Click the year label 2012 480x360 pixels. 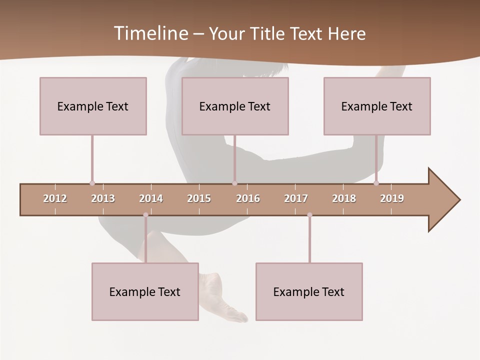pyautogui.click(x=55, y=198)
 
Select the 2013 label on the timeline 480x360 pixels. pyautogui.click(x=103, y=198)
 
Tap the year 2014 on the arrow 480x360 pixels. pyautogui.click(x=151, y=198)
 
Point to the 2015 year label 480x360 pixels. pyautogui.click(x=199, y=198)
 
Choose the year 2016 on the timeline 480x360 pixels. pyautogui.click(x=248, y=198)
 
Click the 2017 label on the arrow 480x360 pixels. pyautogui.click(x=296, y=198)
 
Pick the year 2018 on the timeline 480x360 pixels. pyautogui.click(x=344, y=198)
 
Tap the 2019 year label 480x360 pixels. pyautogui.click(x=392, y=198)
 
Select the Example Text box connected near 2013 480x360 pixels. pyautogui.click(x=93, y=106)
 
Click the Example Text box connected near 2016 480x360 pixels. pyautogui.click(x=235, y=106)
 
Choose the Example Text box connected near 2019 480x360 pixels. pyautogui.click(x=377, y=106)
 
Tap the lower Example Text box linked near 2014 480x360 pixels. pyautogui.click(x=145, y=291)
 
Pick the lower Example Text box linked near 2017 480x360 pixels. pyautogui.click(x=309, y=291)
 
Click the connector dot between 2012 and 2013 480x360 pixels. pyautogui.click(x=92, y=183)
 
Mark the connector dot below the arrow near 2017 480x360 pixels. pyautogui.click(x=309, y=215)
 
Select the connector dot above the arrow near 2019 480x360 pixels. pyautogui.click(x=376, y=183)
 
